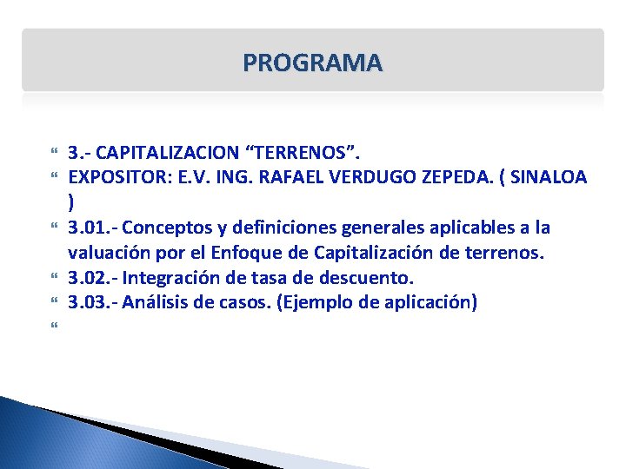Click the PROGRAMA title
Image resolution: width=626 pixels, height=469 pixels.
click(x=312, y=63)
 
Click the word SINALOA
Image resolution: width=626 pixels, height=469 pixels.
click(x=548, y=178)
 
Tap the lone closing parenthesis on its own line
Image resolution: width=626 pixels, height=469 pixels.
click(x=71, y=203)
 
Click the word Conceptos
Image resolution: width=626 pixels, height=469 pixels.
click(x=161, y=228)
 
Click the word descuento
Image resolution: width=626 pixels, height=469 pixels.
click(x=370, y=278)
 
